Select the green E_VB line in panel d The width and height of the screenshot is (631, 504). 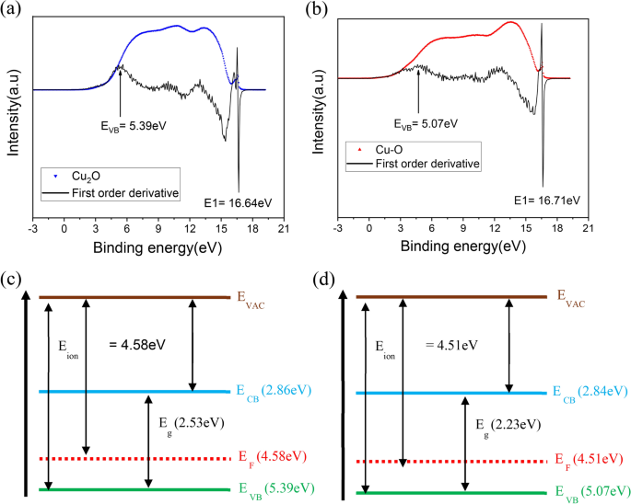click(452, 490)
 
